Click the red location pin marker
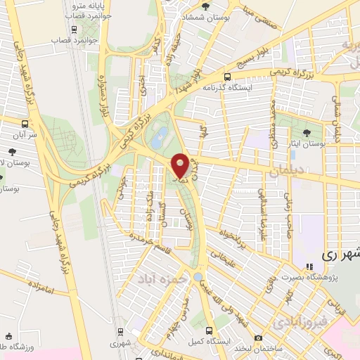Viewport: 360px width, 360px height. click(x=180, y=165)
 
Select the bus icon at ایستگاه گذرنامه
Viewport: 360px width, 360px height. click(x=226, y=77)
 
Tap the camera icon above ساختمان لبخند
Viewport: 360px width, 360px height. click(x=259, y=338)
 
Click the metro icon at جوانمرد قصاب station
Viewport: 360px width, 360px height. click(x=74, y=30)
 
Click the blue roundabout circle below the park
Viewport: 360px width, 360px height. click(x=199, y=276)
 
